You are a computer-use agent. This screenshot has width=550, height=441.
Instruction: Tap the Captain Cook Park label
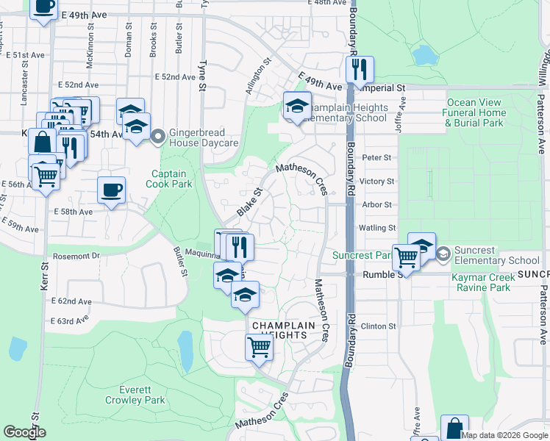[169, 179]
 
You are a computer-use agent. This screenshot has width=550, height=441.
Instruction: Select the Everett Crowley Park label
[144, 395]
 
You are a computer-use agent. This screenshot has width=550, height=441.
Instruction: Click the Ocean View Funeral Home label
[474, 112]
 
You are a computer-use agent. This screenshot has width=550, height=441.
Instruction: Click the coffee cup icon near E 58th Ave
[111, 190]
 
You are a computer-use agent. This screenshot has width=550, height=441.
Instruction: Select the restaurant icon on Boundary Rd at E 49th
[360, 70]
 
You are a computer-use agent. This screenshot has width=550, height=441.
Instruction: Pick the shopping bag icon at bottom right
[454, 428]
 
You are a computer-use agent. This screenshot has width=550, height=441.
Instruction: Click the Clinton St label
[379, 326]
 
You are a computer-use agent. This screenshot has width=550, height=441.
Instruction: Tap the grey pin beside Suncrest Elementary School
[443, 254]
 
